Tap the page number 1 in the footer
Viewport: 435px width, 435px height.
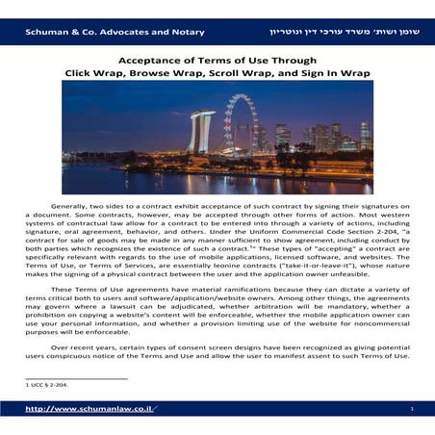(411, 409)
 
